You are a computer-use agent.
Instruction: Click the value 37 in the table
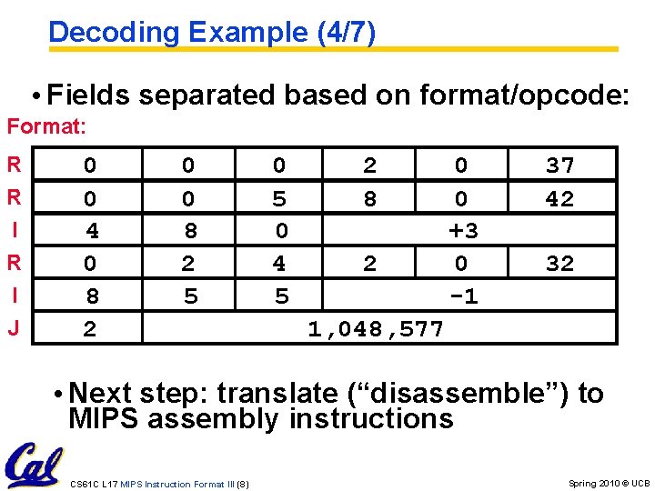(559, 165)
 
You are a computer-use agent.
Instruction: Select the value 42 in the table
(559, 198)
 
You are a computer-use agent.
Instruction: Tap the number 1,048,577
(376, 329)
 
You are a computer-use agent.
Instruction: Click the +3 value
(463, 231)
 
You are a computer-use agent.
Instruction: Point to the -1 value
(463, 296)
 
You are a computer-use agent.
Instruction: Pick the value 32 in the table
(559, 264)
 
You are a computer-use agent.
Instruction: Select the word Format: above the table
(46, 126)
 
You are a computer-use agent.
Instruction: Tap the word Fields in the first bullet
(86, 94)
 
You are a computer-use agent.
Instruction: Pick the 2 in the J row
(89, 329)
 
